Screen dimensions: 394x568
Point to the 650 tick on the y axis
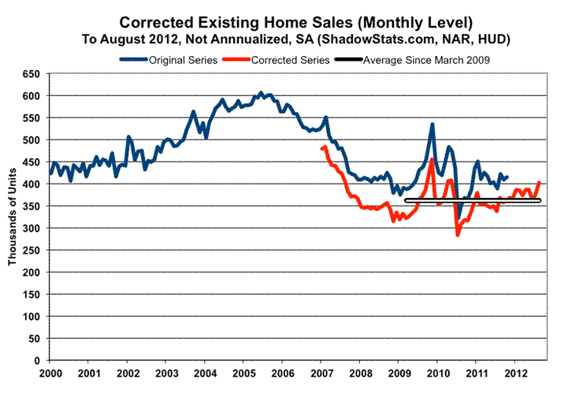click(x=32, y=73)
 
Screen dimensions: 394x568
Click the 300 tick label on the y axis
click(x=32, y=228)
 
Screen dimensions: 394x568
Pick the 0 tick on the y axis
click(x=37, y=360)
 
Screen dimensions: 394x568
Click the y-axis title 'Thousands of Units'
click(x=13, y=216)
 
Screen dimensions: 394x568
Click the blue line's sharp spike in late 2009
click(x=432, y=124)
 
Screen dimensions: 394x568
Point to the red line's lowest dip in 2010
click(x=457, y=234)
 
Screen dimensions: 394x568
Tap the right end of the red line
click(x=539, y=183)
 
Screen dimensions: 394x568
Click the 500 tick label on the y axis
click(x=32, y=139)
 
